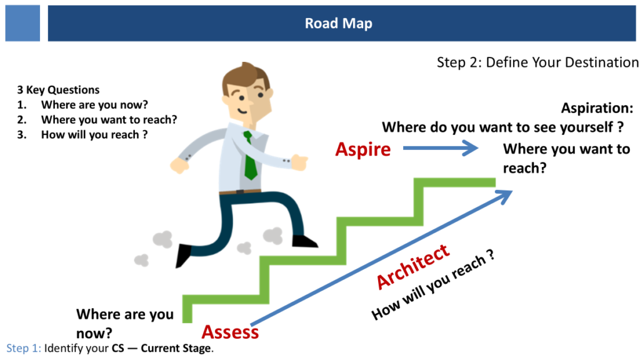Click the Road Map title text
[338, 23]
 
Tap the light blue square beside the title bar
[22, 23]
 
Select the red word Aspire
[363, 150]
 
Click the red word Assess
[230, 332]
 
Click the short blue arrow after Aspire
[441, 147]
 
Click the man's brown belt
[240, 191]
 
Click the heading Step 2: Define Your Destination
[537, 62]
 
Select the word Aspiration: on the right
[597, 108]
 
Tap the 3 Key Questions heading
[58, 90]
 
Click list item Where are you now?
[94, 105]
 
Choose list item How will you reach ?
[94, 135]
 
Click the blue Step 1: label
[24, 348]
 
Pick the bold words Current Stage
[176, 348]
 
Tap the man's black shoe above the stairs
[304, 241]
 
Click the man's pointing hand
[299, 162]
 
